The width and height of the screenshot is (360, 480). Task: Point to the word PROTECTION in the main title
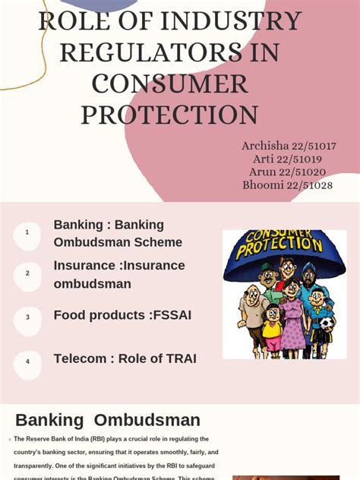[x=169, y=115]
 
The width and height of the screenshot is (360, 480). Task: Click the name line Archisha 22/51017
[x=289, y=146]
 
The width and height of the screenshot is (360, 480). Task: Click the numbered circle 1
[x=27, y=232]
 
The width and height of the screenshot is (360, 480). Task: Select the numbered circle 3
[x=27, y=317]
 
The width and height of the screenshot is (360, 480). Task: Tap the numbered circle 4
[x=27, y=362]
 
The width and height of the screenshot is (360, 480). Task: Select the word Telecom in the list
[x=80, y=358]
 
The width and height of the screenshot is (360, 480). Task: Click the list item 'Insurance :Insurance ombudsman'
[x=118, y=275]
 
